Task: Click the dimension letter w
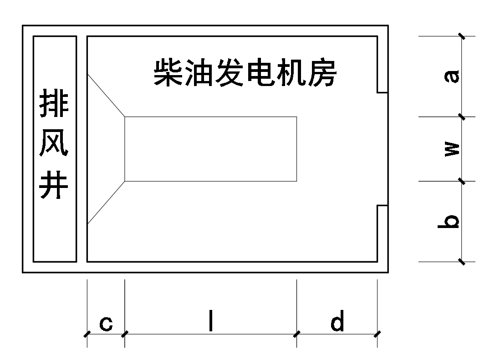(x=452, y=149)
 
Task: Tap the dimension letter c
(x=106, y=323)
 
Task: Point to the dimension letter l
(x=210, y=322)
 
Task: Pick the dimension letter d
(x=337, y=322)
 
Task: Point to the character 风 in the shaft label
(x=54, y=145)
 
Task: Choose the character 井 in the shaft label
(x=54, y=185)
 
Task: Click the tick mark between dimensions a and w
(x=462, y=117)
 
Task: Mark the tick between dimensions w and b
(x=462, y=181)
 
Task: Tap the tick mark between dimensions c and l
(x=125, y=334)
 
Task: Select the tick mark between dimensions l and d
(x=297, y=334)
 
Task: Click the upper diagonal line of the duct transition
(x=106, y=96)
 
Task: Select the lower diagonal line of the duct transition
(x=106, y=202)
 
